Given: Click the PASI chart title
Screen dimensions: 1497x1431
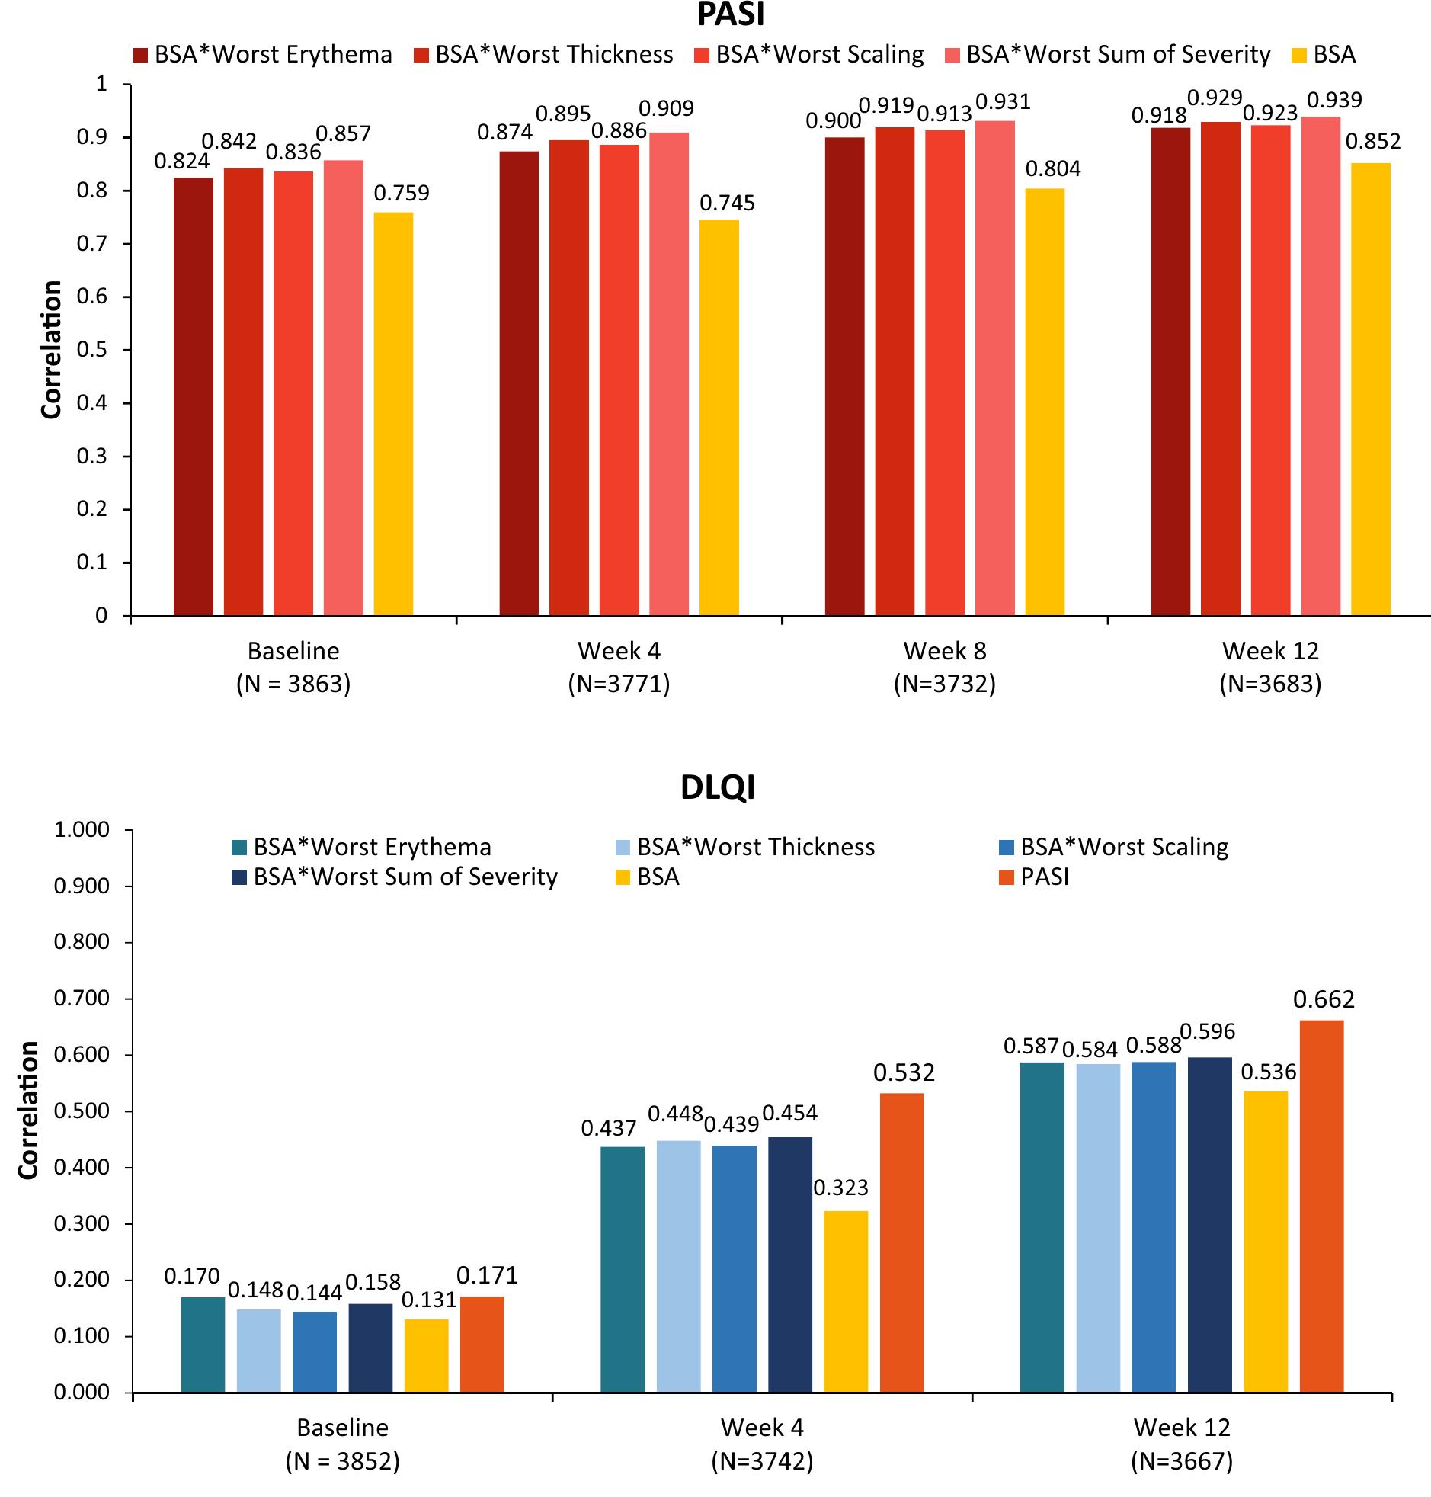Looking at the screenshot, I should pyautogui.click(x=730, y=15).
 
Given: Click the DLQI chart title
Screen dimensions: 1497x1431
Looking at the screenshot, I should pyautogui.click(x=717, y=787).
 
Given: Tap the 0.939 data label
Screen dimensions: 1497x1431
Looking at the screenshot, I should pyautogui.click(x=1334, y=100).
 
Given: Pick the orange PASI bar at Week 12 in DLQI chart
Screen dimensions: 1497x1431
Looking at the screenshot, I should pyautogui.click(x=1321, y=1207).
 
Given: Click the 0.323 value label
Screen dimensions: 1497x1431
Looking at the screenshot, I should pyautogui.click(x=840, y=1188).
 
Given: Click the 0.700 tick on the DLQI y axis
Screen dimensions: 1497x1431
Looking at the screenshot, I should pyautogui.click(x=81, y=998).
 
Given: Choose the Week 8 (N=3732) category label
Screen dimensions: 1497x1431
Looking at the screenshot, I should pyautogui.click(x=944, y=667).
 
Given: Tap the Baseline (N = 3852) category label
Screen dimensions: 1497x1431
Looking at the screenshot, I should pyautogui.click(x=342, y=1444).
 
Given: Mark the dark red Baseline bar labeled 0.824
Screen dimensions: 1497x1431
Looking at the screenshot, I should pyautogui.click(x=193, y=397).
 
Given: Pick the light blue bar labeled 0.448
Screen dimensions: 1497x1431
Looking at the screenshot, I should pyautogui.click(x=678, y=1267).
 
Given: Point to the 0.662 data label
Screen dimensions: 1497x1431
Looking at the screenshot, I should pyautogui.click(x=1324, y=999).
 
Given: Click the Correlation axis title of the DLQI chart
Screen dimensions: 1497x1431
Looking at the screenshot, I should pyautogui.click(x=29, y=1110).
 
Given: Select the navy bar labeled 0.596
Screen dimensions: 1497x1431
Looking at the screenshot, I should pyautogui.click(x=1209, y=1225).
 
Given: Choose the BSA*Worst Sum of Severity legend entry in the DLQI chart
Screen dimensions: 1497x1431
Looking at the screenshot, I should pyautogui.click(x=395, y=877).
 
